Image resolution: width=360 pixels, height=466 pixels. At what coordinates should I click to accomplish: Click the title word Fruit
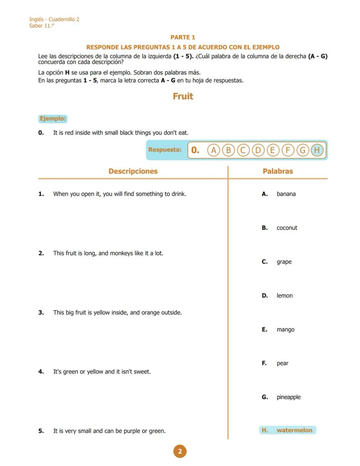pyautogui.click(x=183, y=96)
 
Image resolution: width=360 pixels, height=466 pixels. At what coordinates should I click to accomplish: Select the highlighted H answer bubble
pyautogui.click(x=317, y=150)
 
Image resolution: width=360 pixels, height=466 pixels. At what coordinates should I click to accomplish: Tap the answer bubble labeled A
pyautogui.click(x=213, y=150)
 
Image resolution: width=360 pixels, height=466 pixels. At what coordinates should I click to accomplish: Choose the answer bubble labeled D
pyautogui.click(x=258, y=150)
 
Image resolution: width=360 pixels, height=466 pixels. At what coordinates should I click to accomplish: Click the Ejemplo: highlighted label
pyautogui.click(x=53, y=118)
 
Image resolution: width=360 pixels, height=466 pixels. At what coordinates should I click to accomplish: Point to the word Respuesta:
pyautogui.click(x=165, y=150)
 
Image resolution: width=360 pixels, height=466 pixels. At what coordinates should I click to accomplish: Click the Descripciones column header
pyautogui.click(x=133, y=171)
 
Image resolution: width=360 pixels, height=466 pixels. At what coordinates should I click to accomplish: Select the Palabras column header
pyautogui.click(x=277, y=171)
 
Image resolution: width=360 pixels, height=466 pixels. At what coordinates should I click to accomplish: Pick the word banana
pyautogui.click(x=286, y=194)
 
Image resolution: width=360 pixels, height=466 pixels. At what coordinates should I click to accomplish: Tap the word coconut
pyautogui.click(x=287, y=228)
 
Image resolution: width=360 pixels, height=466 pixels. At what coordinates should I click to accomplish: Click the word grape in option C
pyautogui.click(x=284, y=262)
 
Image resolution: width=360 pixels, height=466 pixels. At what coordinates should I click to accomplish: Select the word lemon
pyautogui.click(x=284, y=296)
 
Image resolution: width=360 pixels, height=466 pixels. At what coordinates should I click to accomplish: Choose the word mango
pyautogui.click(x=285, y=330)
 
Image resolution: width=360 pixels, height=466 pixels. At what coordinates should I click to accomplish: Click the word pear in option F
pyautogui.click(x=282, y=363)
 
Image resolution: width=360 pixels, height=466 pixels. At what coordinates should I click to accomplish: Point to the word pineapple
pyautogui.click(x=288, y=397)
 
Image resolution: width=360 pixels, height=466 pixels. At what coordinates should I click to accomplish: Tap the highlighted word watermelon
pyautogui.click(x=294, y=430)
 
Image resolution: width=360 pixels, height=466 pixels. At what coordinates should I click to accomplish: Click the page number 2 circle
pyautogui.click(x=180, y=451)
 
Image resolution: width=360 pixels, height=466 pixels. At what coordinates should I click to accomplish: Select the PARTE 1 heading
pyautogui.click(x=183, y=37)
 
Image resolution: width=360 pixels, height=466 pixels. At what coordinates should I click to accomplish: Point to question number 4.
pyautogui.click(x=41, y=372)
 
